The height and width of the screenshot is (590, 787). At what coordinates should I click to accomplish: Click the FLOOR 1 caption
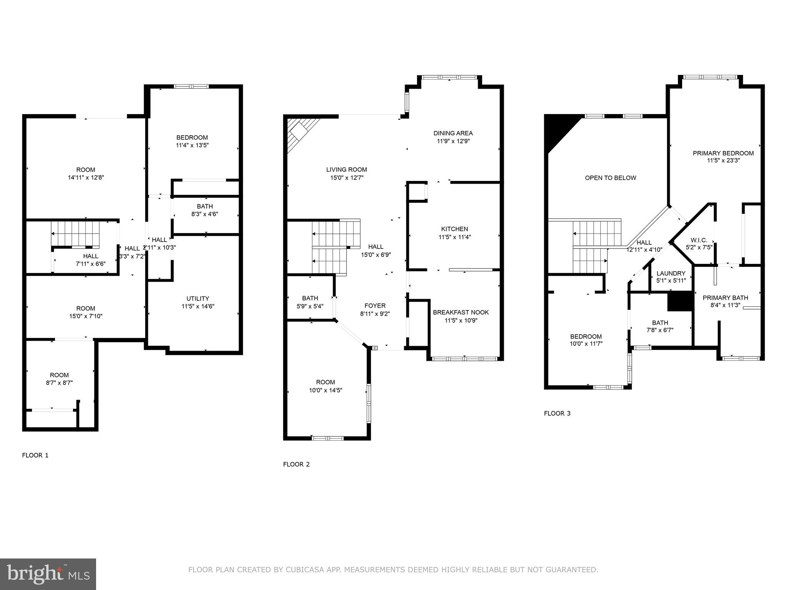tap(35, 455)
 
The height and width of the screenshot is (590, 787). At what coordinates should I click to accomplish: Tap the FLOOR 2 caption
tap(296, 464)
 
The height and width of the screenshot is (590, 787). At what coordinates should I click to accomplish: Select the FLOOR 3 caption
tap(557, 413)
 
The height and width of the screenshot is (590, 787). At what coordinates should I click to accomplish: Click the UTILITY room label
tap(198, 298)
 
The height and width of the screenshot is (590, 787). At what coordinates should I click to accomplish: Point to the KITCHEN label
tap(454, 229)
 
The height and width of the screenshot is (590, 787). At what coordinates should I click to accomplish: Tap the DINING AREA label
tap(453, 133)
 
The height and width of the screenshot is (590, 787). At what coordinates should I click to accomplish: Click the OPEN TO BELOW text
tap(610, 178)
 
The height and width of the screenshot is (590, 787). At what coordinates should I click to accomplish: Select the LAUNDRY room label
tap(671, 273)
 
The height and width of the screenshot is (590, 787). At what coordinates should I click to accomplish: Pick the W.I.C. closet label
tap(699, 240)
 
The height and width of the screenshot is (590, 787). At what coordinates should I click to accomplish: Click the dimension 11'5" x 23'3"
tap(723, 161)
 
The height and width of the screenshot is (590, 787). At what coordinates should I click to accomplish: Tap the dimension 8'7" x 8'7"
tap(59, 383)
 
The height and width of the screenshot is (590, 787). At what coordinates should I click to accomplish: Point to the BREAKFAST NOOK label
tap(461, 312)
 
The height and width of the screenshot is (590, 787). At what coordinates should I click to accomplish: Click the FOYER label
tap(375, 306)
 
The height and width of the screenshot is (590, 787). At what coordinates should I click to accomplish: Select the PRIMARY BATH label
tap(725, 298)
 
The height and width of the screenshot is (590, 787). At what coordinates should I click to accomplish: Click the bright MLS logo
tap(48, 574)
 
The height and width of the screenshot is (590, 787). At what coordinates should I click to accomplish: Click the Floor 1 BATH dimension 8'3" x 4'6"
tap(204, 214)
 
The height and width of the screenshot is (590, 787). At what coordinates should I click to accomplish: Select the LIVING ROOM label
tap(346, 169)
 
